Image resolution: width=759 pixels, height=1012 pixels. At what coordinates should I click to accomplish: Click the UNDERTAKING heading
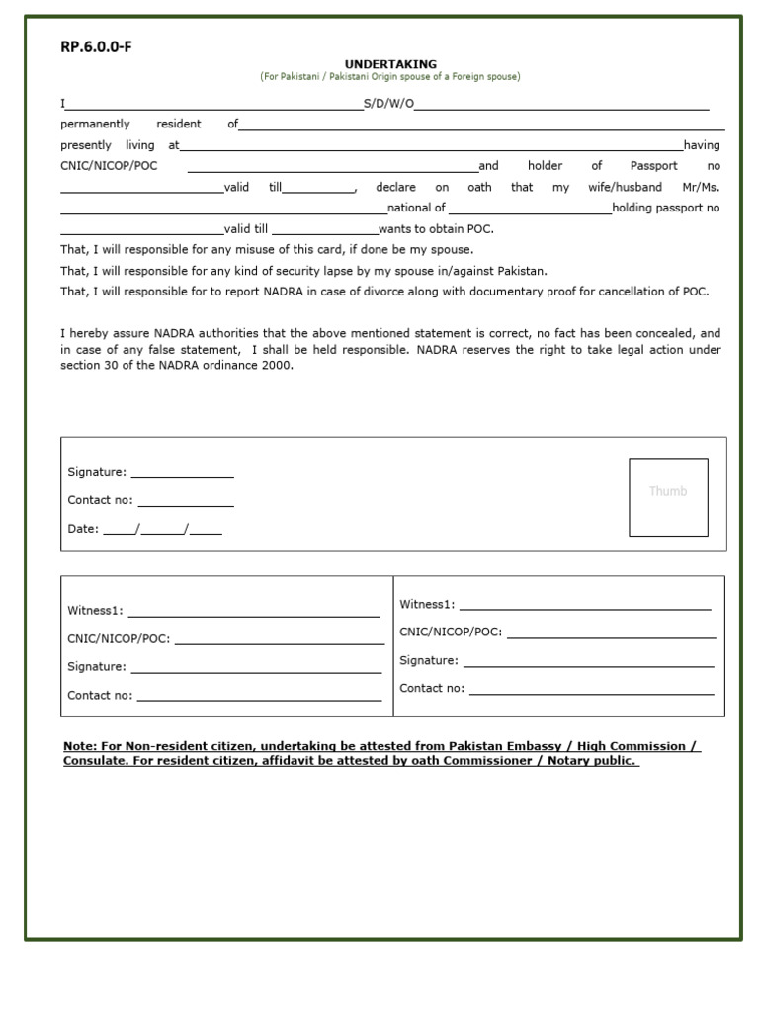tap(390, 64)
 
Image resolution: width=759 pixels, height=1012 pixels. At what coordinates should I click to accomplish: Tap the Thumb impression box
tap(668, 496)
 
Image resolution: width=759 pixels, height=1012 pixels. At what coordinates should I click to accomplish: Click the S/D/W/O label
tap(388, 104)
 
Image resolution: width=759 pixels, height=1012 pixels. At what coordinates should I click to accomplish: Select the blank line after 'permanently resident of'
tap(481, 126)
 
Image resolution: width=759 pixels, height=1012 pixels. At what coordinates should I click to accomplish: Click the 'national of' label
tap(417, 208)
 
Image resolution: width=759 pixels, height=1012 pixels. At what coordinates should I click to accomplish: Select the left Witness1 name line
tap(253, 612)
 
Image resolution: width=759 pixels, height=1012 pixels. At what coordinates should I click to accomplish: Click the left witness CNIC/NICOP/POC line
tap(279, 639)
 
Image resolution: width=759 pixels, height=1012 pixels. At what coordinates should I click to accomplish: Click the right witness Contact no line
tap(592, 689)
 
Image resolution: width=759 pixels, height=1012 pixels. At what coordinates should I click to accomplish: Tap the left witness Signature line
tap(256, 668)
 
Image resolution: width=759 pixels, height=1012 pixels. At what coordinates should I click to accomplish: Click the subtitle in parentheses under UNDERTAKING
tap(390, 77)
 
